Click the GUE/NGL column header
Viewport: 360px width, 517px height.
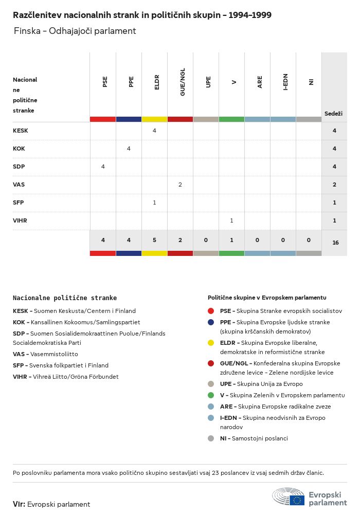(183, 82)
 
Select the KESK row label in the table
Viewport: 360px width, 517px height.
(21, 131)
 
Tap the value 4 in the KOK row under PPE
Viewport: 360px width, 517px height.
(129, 149)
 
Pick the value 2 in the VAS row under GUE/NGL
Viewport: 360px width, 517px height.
(180, 184)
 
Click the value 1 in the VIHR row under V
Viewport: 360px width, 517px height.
(231, 220)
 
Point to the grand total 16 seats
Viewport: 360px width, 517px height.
(336, 243)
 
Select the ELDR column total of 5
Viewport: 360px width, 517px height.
(154, 240)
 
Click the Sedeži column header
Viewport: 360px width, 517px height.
(334, 114)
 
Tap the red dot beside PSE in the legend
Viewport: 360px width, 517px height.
(211, 311)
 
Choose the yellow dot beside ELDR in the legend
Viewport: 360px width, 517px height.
(211, 343)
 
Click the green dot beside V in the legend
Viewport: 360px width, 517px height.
(211, 395)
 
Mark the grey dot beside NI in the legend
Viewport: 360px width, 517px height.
(211, 438)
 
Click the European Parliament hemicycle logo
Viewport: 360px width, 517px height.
(289, 496)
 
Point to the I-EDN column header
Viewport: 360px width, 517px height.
(285, 82)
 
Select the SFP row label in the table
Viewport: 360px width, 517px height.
(19, 202)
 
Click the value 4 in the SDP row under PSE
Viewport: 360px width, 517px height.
(103, 167)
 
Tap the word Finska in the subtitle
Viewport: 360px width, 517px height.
(27, 31)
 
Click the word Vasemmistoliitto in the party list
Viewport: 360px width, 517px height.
(54, 354)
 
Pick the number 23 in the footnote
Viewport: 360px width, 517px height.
(215, 473)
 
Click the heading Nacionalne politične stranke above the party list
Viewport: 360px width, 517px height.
(65, 298)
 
